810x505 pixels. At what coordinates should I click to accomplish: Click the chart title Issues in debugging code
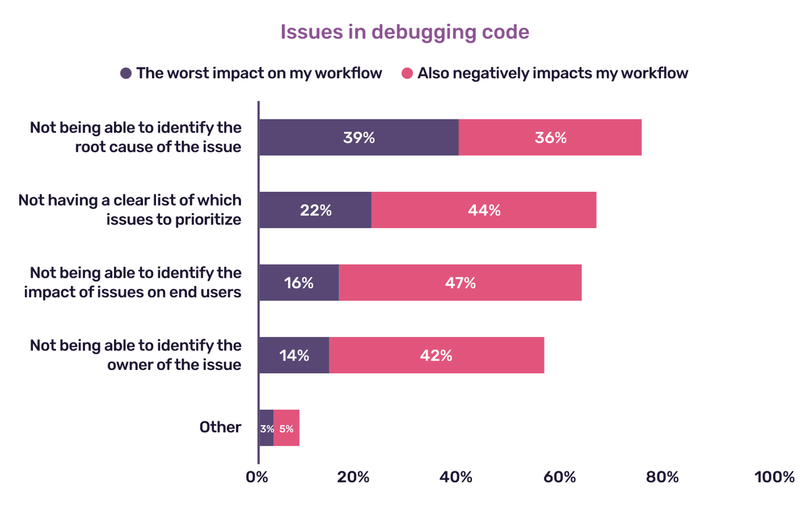[x=404, y=32]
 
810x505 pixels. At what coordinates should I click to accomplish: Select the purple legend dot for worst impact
[x=126, y=73]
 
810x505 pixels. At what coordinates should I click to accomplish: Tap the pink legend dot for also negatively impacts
[x=407, y=73]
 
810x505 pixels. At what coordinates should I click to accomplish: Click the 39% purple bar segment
[x=358, y=138]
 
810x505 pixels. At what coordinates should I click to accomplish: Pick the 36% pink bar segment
[x=550, y=138]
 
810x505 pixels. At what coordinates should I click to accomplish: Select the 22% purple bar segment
[x=315, y=210]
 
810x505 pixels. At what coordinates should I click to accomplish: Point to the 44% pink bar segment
[x=484, y=210]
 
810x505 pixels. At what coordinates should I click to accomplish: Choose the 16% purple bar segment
[x=298, y=283]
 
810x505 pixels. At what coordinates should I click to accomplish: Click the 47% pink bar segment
[x=460, y=283]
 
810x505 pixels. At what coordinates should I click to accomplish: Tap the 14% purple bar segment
[x=294, y=355]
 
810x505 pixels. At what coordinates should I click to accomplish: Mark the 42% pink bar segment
[x=436, y=355]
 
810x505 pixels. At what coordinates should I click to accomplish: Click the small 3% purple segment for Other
[x=266, y=428]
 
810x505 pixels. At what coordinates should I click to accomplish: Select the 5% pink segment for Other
[x=286, y=428]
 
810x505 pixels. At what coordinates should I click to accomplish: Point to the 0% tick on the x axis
[x=257, y=477]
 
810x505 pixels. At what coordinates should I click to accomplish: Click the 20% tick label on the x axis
[x=353, y=477]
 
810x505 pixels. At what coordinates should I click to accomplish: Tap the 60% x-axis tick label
[x=559, y=477]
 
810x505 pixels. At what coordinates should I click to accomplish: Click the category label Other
[x=220, y=427]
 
